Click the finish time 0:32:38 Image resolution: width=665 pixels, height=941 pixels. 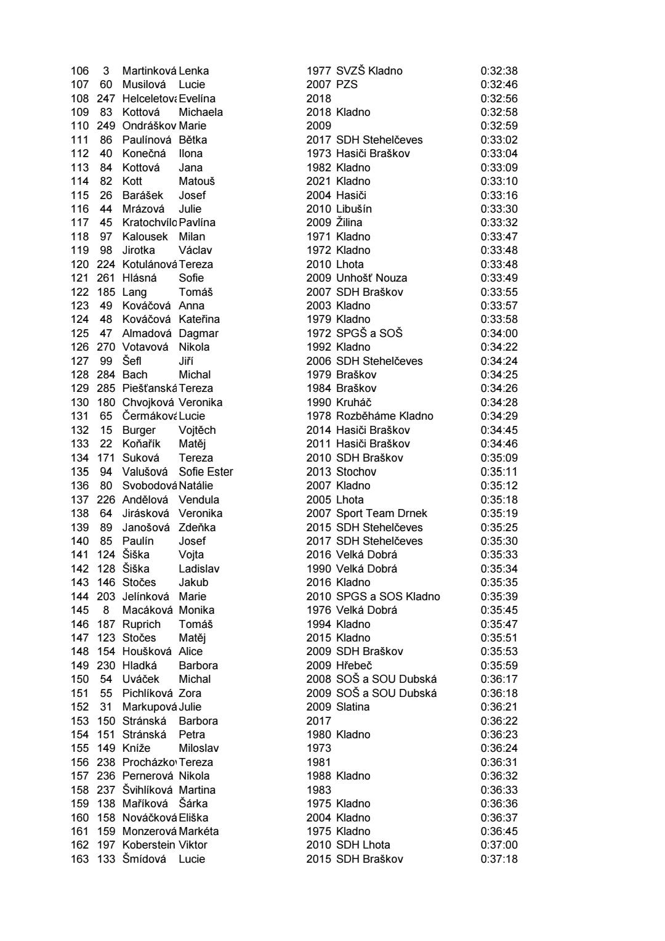499,71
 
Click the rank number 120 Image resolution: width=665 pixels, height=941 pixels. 79,264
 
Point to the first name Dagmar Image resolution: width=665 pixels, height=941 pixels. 198,333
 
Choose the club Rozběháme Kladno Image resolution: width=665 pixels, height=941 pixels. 384,416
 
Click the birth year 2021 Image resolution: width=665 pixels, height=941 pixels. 318,181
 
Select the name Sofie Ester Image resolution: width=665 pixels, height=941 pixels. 206,471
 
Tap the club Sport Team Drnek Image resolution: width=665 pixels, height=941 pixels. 381,513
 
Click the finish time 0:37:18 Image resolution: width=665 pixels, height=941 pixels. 499,859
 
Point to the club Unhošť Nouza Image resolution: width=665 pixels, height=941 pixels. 371,278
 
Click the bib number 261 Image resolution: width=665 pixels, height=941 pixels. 106,278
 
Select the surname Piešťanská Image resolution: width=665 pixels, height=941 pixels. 149,388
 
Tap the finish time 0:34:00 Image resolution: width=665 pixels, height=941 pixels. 499,333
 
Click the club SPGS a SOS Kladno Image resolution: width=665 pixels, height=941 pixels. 388,597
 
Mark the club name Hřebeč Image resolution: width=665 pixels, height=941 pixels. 354,666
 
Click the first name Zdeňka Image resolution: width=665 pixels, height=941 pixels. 197,528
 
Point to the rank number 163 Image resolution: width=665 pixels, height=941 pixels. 79,859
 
